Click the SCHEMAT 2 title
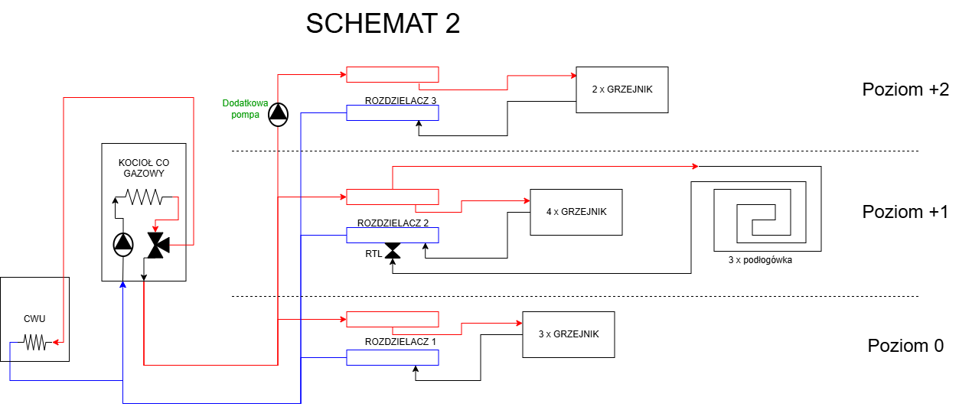point(383,23)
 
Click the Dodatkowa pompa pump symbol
point(279,114)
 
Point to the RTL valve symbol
point(393,251)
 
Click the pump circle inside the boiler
point(123,244)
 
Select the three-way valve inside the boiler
point(158,246)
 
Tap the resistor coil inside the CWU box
point(35,343)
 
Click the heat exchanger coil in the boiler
point(145,197)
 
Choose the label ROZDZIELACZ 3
point(400,100)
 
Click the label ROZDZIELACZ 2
point(393,223)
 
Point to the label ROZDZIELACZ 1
point(400,341)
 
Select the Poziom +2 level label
point(905,89)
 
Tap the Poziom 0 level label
point(905,346)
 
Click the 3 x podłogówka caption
point(760,260)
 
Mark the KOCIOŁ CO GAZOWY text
point(144,168)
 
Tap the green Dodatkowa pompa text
point(245,109)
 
